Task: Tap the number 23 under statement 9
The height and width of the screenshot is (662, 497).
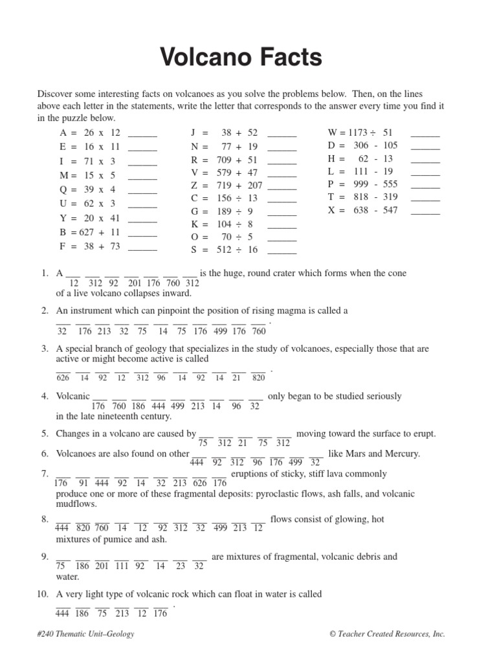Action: point(181,566)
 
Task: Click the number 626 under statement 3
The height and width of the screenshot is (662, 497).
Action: point(63,378)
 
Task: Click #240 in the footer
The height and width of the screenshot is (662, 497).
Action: point(47,634)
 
